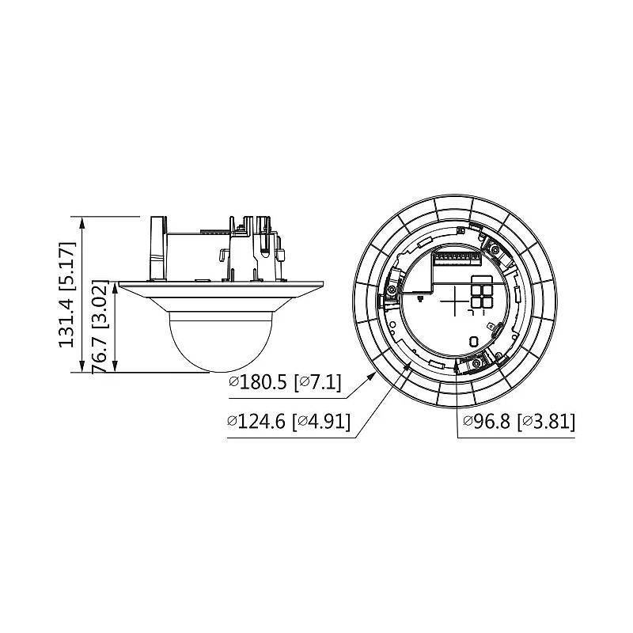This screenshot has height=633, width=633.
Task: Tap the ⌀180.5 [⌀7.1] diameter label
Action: pyautogui.click(x=284, y=384)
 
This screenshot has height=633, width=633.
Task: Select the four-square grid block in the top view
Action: pyautogui.click(x=481, y=292)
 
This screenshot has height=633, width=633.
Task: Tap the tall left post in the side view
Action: pyautogui.click(x=156, y=247)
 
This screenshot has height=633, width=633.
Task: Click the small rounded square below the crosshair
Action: pyautogui.click(x=473, y=342)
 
